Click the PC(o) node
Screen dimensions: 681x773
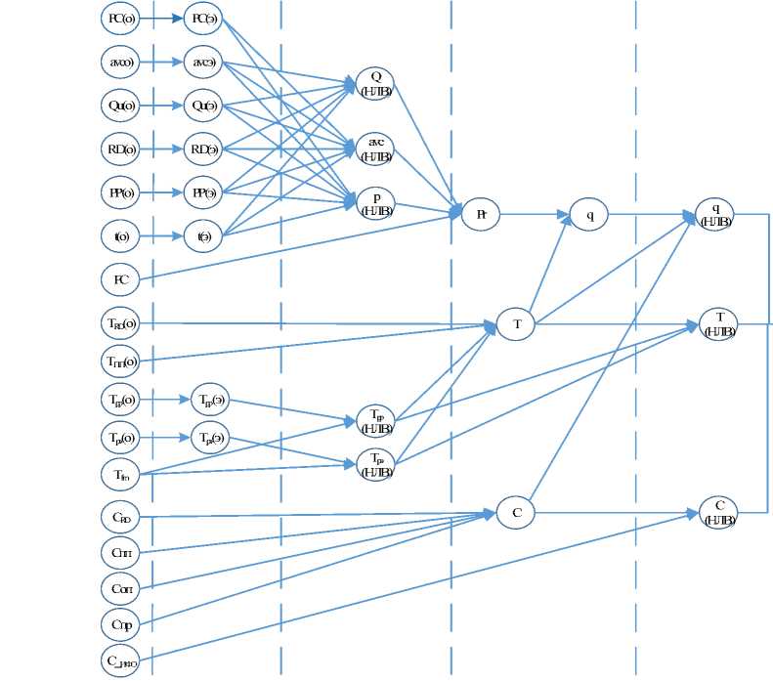tap(121, 18)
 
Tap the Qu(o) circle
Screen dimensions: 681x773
tap(121, 105)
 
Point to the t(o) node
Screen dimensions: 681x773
tap(121, 235)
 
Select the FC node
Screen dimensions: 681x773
tap(121, 279)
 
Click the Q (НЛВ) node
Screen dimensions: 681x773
tap(375, 84)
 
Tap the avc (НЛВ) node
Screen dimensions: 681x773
tap(375, 149)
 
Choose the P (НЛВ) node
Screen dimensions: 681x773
tap(375, 202)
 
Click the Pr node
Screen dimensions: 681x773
tap(481, 213)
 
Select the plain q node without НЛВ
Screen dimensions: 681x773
tap(589, 214)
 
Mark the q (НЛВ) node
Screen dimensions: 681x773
tap(715, 213)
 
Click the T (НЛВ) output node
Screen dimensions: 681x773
tap(719, 322)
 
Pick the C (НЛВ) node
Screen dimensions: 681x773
tap(719, 512)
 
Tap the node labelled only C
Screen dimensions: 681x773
tap(516, 512)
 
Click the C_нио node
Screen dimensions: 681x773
tap(121, 660)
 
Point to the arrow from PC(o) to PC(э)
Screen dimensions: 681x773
tap(162, 18)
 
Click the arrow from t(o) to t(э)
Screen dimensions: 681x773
tap(162, 235)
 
